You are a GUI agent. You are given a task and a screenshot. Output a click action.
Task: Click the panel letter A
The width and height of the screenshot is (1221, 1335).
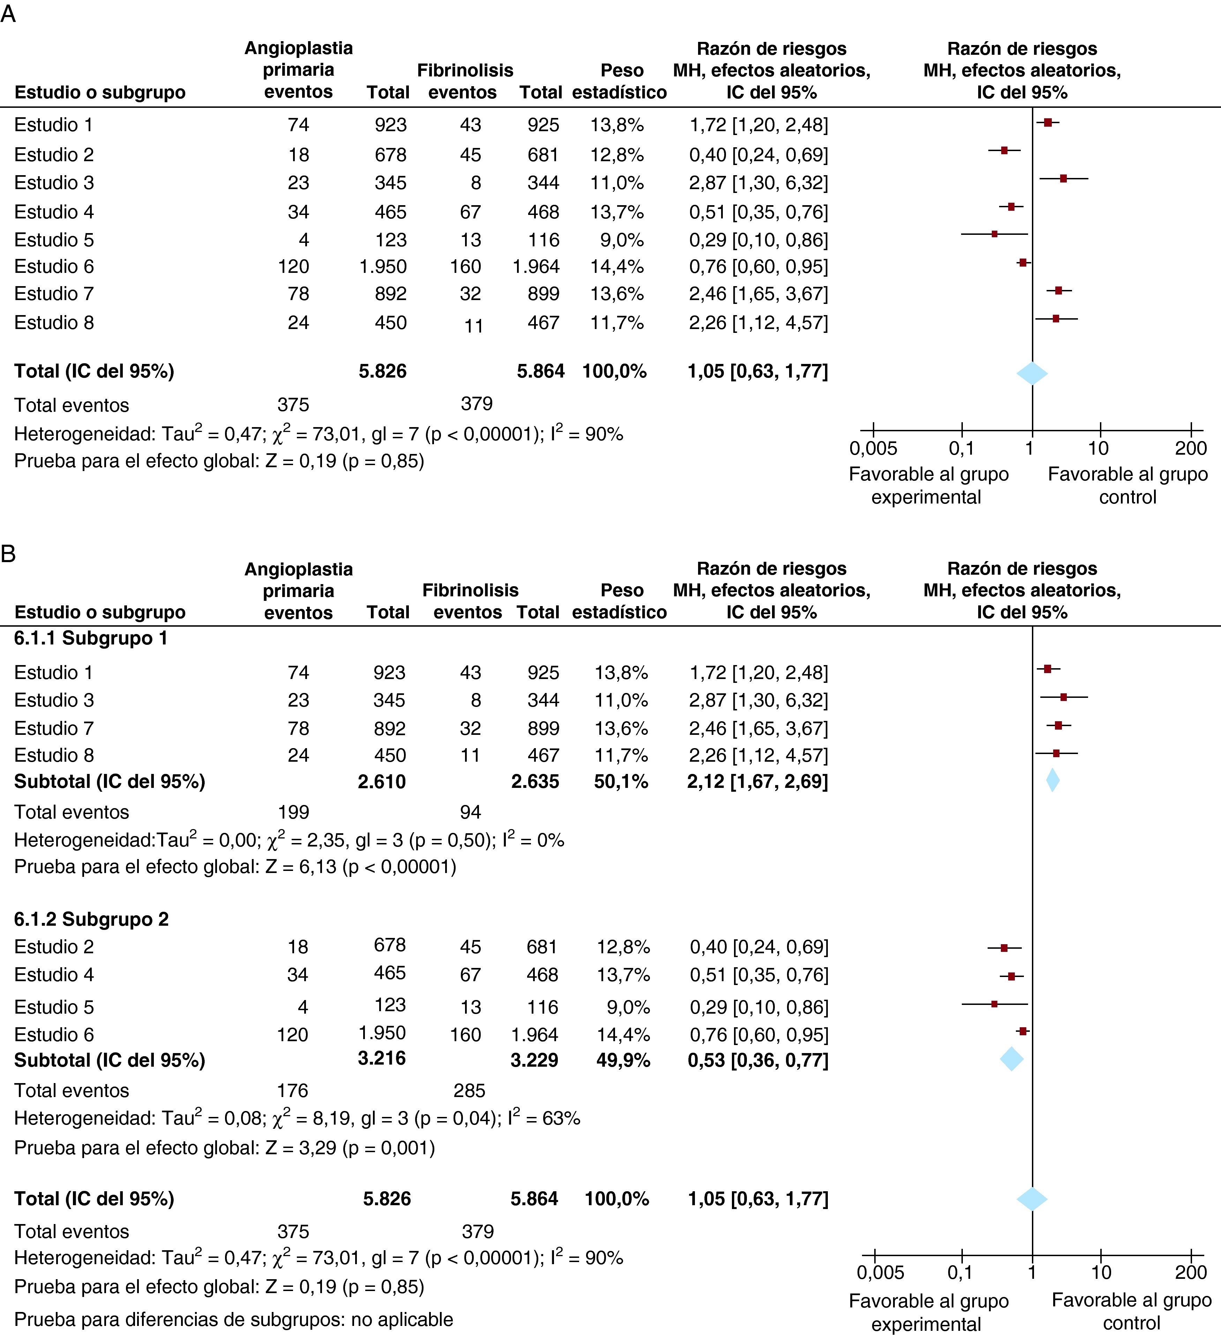tap(8, 13)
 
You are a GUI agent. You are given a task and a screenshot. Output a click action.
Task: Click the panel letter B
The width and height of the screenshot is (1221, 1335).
tap(8, 553)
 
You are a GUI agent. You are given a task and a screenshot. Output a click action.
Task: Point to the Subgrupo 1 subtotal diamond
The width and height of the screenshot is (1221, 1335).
tap(1052, 780)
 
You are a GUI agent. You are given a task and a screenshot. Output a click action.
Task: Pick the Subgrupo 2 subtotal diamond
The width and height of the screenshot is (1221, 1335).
tap(1011, 1059)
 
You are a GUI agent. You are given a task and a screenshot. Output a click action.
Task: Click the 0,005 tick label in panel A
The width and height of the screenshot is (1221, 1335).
tap(873, 448)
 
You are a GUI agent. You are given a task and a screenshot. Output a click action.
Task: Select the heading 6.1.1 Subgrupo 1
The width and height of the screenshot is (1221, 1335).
tap(91, 638)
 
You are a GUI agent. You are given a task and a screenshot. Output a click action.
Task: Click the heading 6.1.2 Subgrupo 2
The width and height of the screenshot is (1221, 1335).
tap(91, 919)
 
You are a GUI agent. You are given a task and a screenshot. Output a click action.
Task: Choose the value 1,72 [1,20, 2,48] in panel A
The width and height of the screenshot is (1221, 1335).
tap(758, 125)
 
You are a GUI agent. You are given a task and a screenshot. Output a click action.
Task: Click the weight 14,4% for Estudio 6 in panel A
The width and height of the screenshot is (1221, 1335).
tap(616, 266)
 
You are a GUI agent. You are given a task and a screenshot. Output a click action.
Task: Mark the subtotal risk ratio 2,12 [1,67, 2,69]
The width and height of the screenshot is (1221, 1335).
tap(757, 781)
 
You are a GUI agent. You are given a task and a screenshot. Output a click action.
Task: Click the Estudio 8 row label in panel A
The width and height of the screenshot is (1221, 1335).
tap(54, 322)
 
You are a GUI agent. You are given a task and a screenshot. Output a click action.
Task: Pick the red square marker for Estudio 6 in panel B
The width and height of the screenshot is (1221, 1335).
tap(1023, 1031)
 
